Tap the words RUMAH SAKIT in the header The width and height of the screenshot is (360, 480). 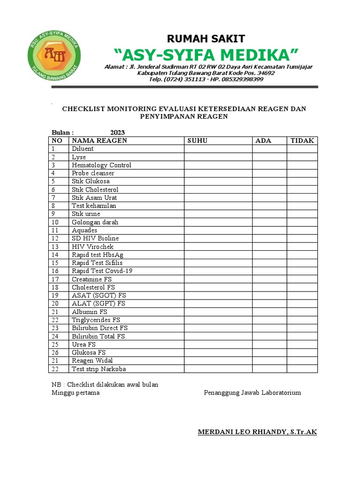(206, 38)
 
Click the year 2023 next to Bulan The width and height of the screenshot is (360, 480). (118, 133)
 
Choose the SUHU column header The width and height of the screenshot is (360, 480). (197, 141)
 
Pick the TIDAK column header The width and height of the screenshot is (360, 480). (302, 141)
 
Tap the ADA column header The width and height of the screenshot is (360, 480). (263, 141)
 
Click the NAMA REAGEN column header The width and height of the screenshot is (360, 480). (99, 141)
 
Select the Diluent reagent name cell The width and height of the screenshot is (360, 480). (82, 149)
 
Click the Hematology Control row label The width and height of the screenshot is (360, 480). (101, 165)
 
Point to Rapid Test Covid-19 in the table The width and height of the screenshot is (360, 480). (102, 271)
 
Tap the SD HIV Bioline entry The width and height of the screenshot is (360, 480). (95, 239)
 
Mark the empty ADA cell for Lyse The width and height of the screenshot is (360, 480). (270, 157)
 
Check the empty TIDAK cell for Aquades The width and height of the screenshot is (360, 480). (302, 230)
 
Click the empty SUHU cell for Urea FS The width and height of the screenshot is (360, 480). (218, 345)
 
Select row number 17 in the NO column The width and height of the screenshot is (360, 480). (55, 279)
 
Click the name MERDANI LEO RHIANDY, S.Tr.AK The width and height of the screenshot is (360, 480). (257, 432)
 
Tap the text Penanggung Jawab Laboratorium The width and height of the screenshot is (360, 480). (252, 393)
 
